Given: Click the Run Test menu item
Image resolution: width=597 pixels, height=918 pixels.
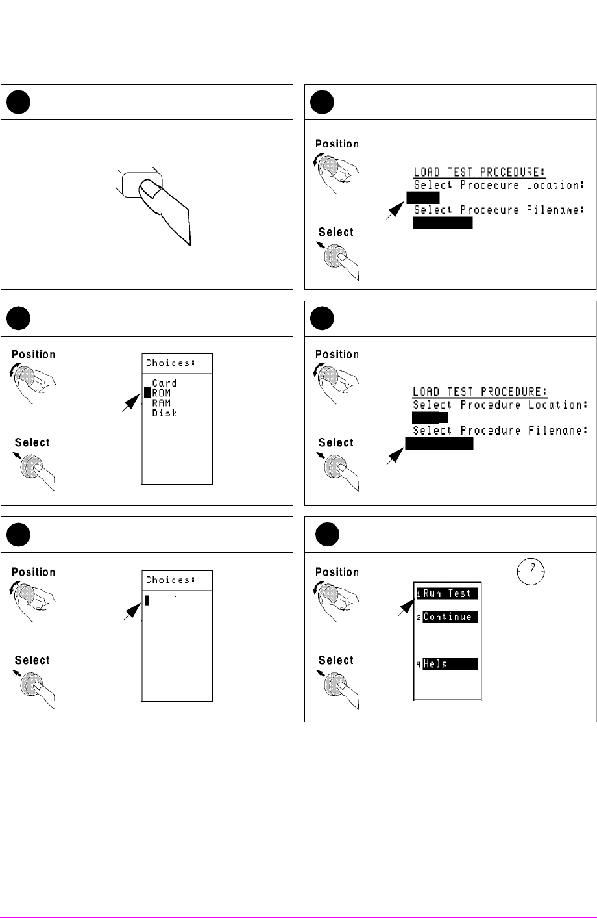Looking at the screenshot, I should [x=450, y=593].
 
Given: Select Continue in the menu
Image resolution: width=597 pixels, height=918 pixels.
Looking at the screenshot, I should [x=450, y=617].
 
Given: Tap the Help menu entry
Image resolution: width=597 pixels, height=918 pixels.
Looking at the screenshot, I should [x=450, y=664].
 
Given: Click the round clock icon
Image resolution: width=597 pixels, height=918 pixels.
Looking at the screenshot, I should [x=531, y=571].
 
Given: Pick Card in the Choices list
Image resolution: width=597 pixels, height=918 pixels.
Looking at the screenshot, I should [x=164, y=383].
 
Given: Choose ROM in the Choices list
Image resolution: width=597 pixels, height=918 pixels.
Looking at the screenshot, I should [x=162, y=393].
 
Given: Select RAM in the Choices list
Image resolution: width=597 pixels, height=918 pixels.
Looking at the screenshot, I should [x=162, y=403].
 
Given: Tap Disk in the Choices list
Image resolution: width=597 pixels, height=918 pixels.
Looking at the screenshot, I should [x=164, y=413].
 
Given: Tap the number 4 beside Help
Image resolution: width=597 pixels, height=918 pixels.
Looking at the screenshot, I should [x=419, y=665].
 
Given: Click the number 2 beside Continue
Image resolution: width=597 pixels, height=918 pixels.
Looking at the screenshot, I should [x=419, y=617].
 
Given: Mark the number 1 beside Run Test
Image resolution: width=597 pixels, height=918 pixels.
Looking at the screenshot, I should [x=419, y=594].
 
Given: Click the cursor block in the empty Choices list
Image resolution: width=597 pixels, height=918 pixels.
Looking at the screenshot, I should [x=147, y=600].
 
